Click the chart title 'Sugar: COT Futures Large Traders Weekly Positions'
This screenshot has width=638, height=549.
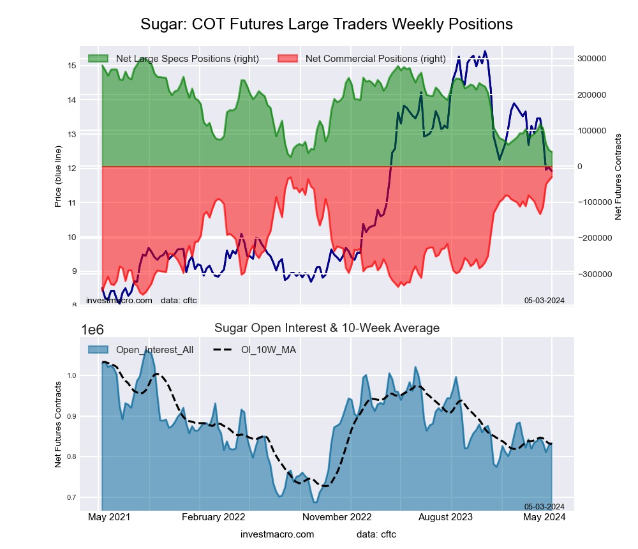(326, 24)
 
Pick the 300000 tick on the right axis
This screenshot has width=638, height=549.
(591, 59)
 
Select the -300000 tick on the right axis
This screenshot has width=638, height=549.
(591, 274)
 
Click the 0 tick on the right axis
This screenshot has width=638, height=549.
(580, 167)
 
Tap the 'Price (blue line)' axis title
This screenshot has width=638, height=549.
(58, 177)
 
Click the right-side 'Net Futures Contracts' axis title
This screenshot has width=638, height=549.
(618, 177)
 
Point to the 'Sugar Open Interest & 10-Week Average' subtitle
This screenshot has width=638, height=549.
(327, 328)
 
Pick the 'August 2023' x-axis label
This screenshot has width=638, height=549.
(452, 517)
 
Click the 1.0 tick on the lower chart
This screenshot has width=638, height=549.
(71, 375)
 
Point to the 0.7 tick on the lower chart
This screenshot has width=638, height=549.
(71, 497)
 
